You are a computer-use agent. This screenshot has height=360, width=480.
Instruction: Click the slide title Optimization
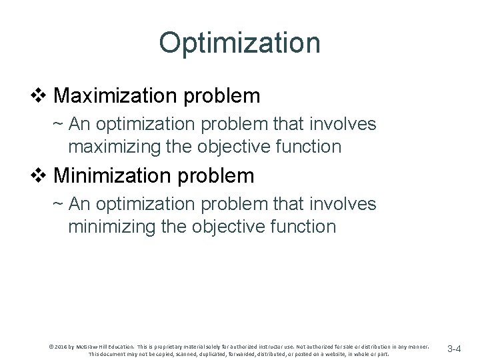pos(239,43)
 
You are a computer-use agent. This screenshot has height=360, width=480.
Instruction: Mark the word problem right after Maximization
pos(223,96)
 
